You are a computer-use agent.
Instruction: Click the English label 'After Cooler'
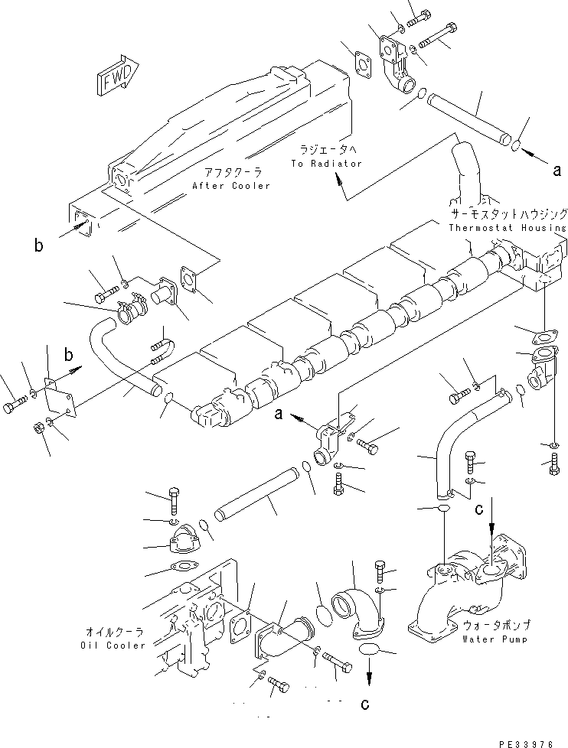coord(231,186)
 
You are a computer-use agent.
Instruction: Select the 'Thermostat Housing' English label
coord(508,228)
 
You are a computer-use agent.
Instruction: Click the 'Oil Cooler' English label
coord(112,646)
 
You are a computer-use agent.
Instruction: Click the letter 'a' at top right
coord(557,171)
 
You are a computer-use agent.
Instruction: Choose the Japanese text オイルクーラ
coord(112,632)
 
